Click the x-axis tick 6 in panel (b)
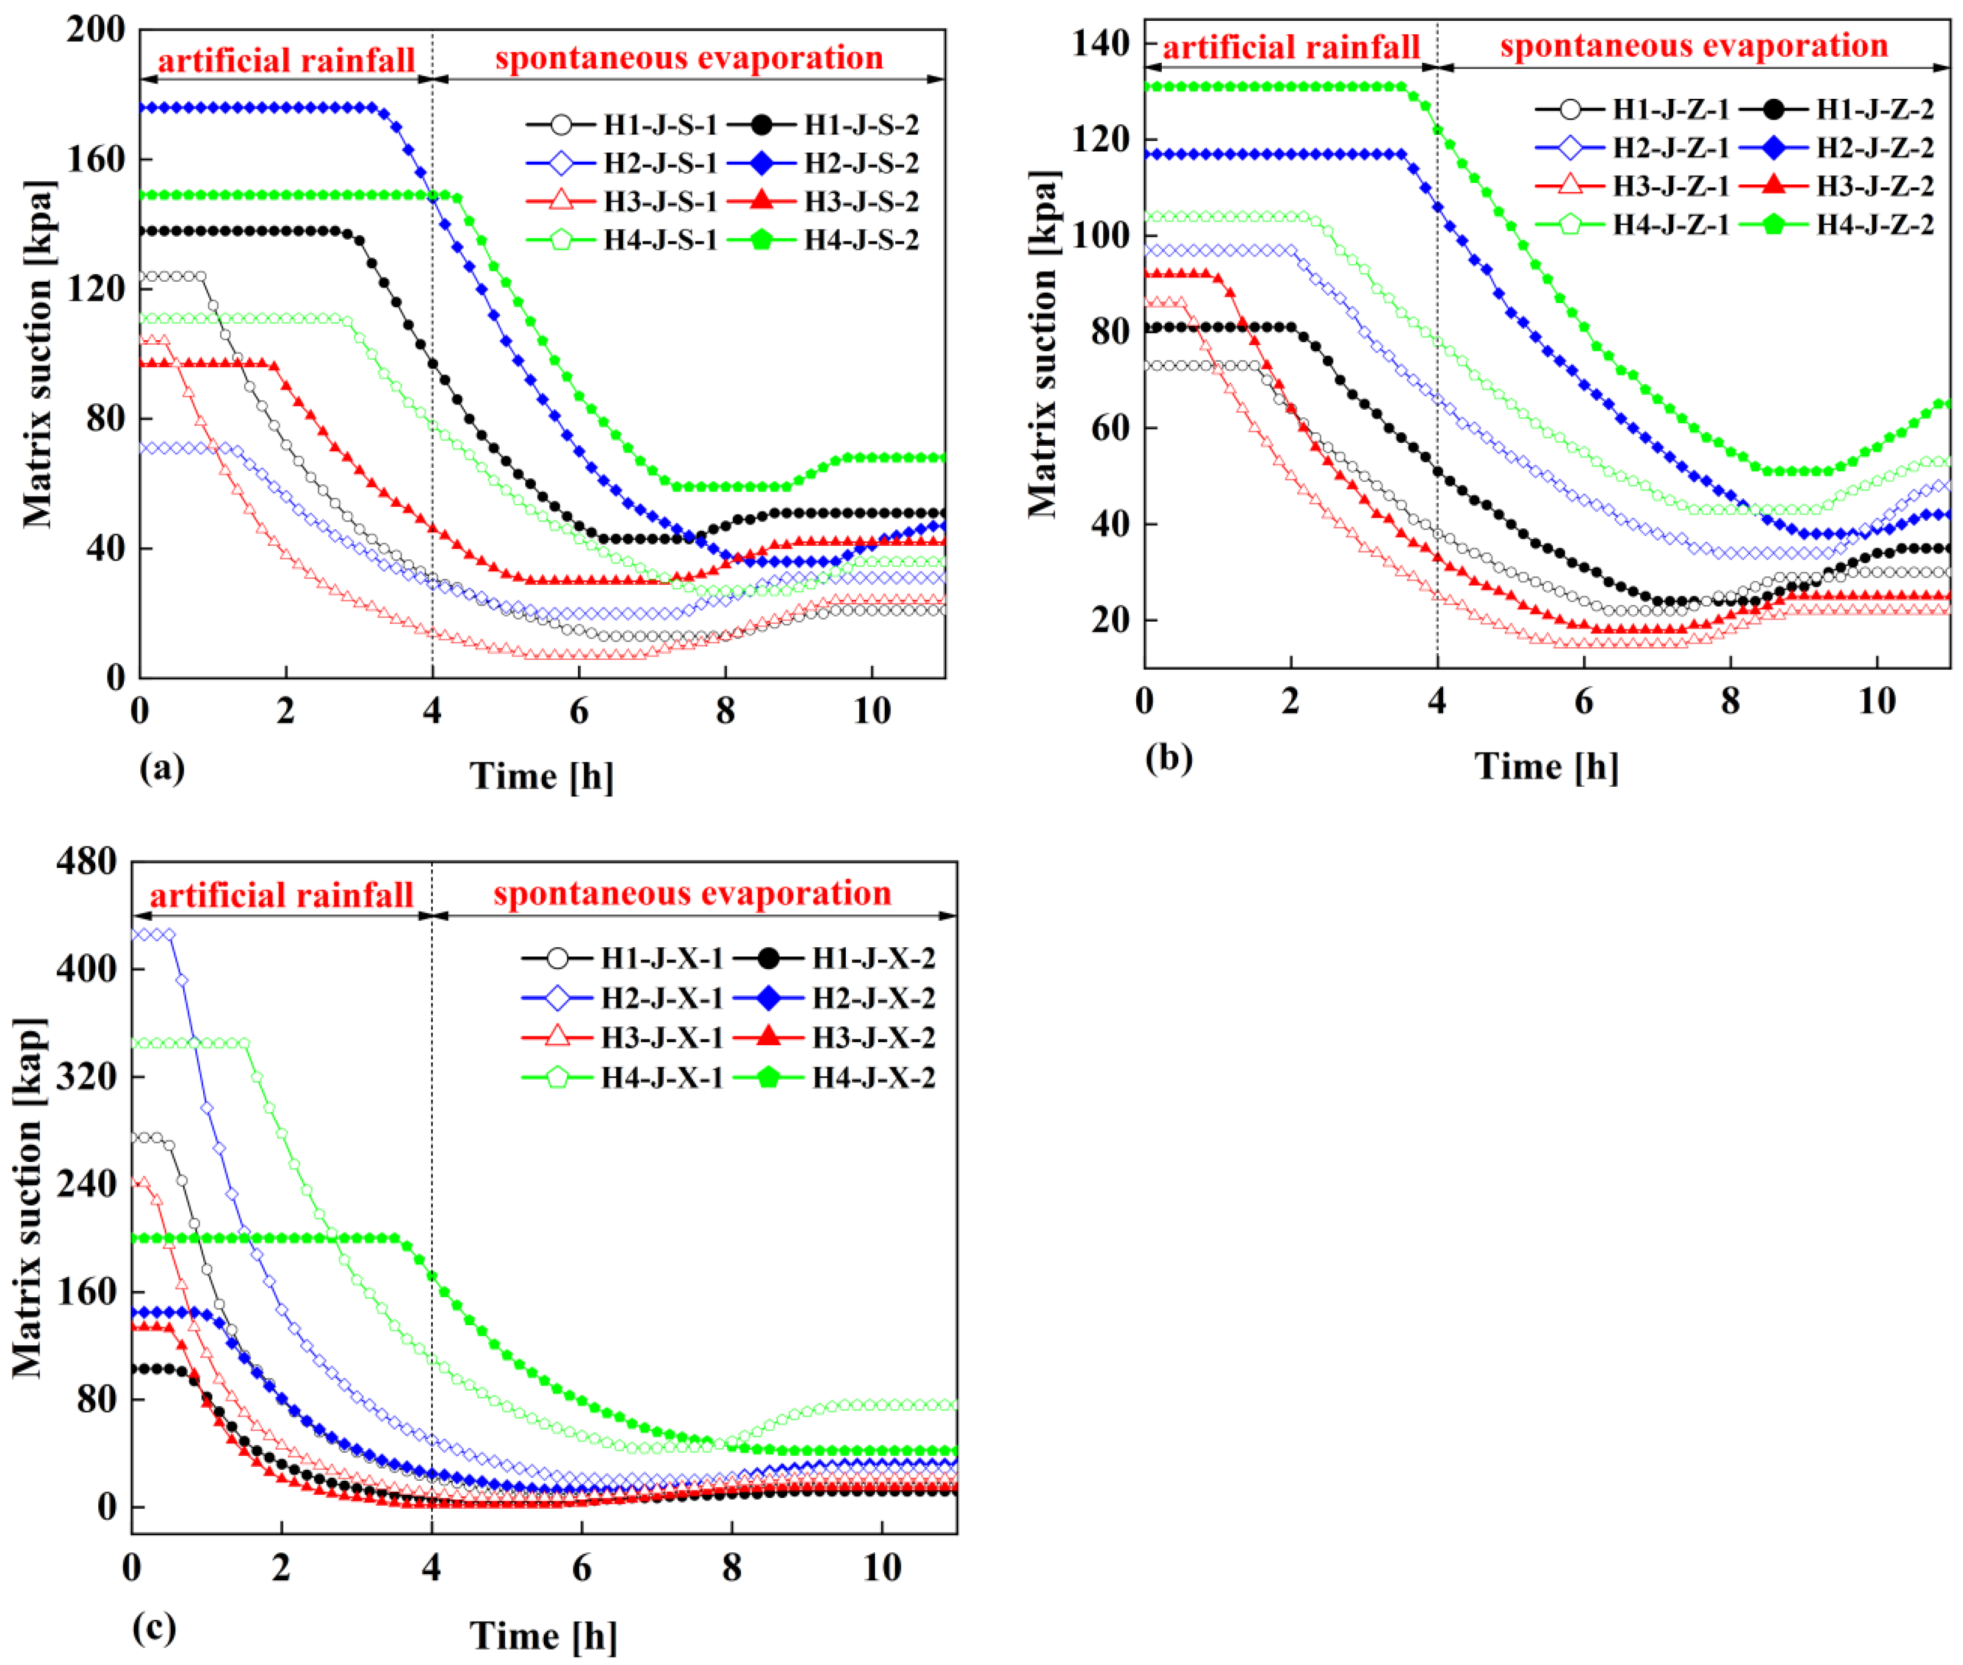coord(1583,701)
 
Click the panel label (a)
coord(162,768)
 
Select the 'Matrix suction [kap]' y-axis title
coord(28,1198)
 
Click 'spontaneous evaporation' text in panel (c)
coord(692,893)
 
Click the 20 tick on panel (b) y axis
coord(1111,620)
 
